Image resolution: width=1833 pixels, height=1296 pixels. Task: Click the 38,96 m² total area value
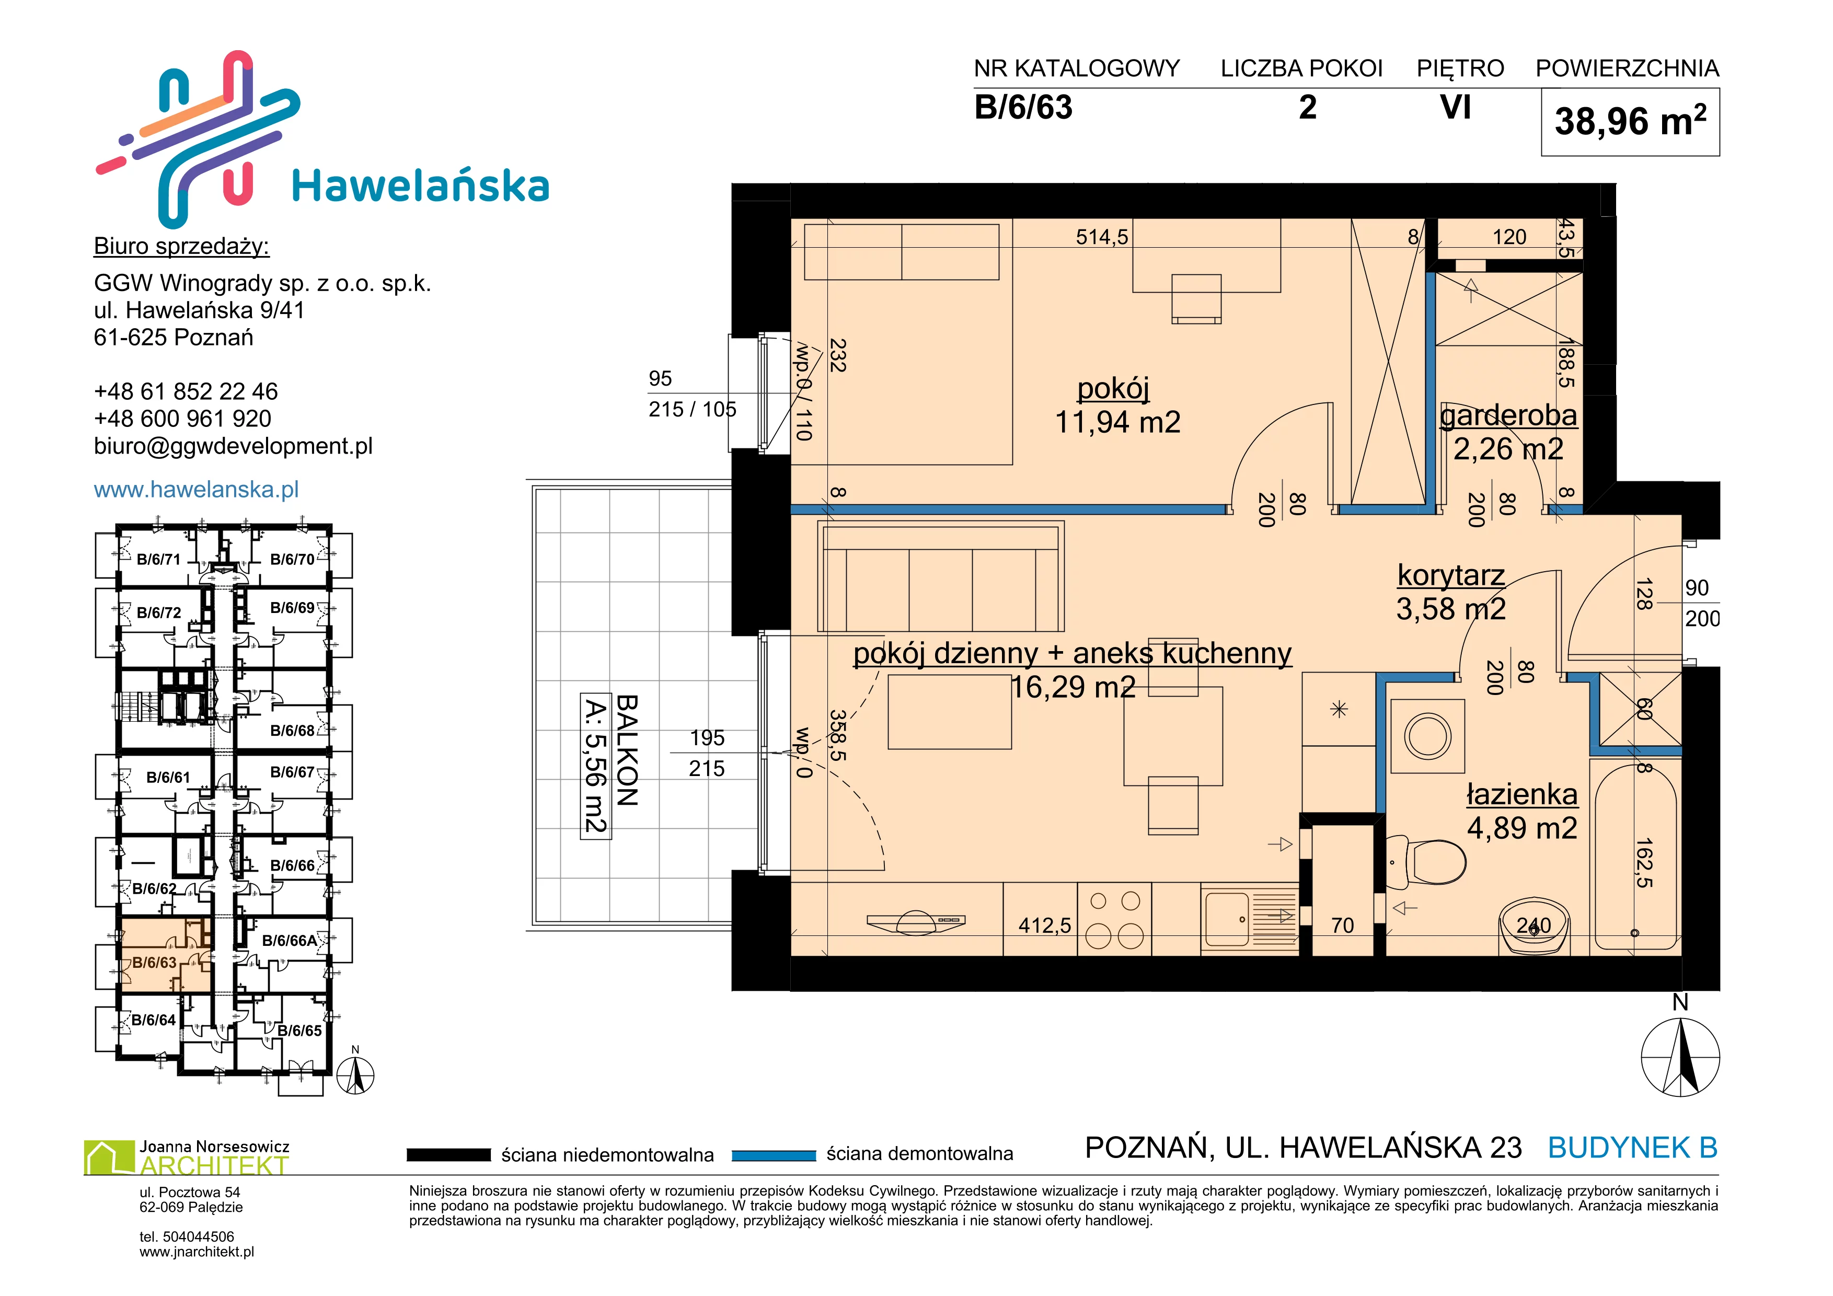point(1630,121)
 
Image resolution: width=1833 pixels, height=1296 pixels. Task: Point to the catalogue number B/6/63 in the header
point(1023,108)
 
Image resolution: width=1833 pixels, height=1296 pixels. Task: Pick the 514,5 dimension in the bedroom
point(1102,237)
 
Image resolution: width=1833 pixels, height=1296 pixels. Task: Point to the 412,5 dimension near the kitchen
point(1044,925)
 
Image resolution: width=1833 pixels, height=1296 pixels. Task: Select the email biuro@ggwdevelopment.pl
point(233,446)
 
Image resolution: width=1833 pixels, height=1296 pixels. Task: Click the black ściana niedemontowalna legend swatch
point(448,1155)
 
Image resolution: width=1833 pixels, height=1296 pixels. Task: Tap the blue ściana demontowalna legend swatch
point(774,1155)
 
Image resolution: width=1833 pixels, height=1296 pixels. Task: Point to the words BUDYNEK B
point(1633,1148)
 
